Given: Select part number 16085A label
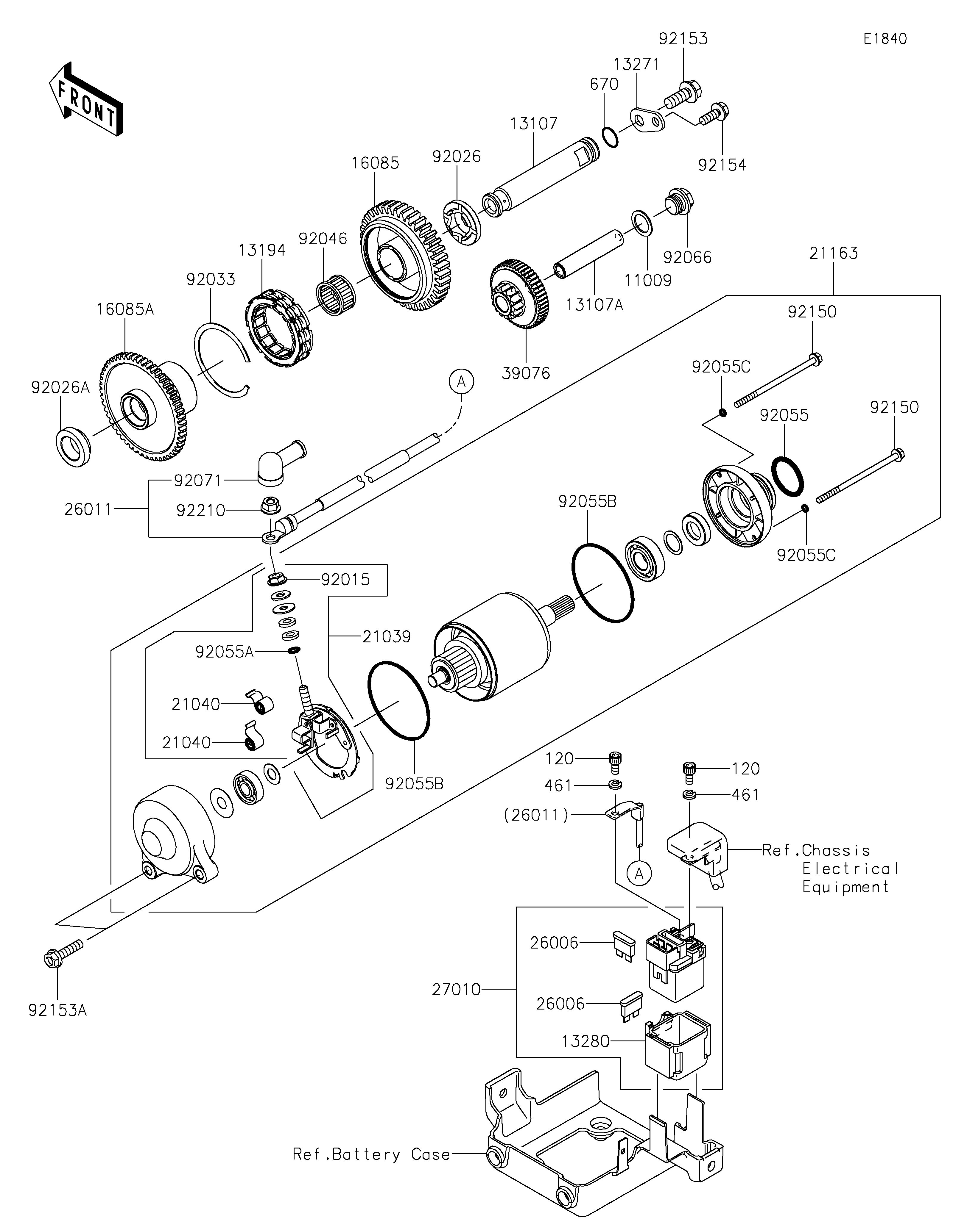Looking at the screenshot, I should (124, 309).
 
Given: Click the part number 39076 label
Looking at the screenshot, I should (526, 373).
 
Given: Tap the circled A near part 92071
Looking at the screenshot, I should (461, 382).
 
